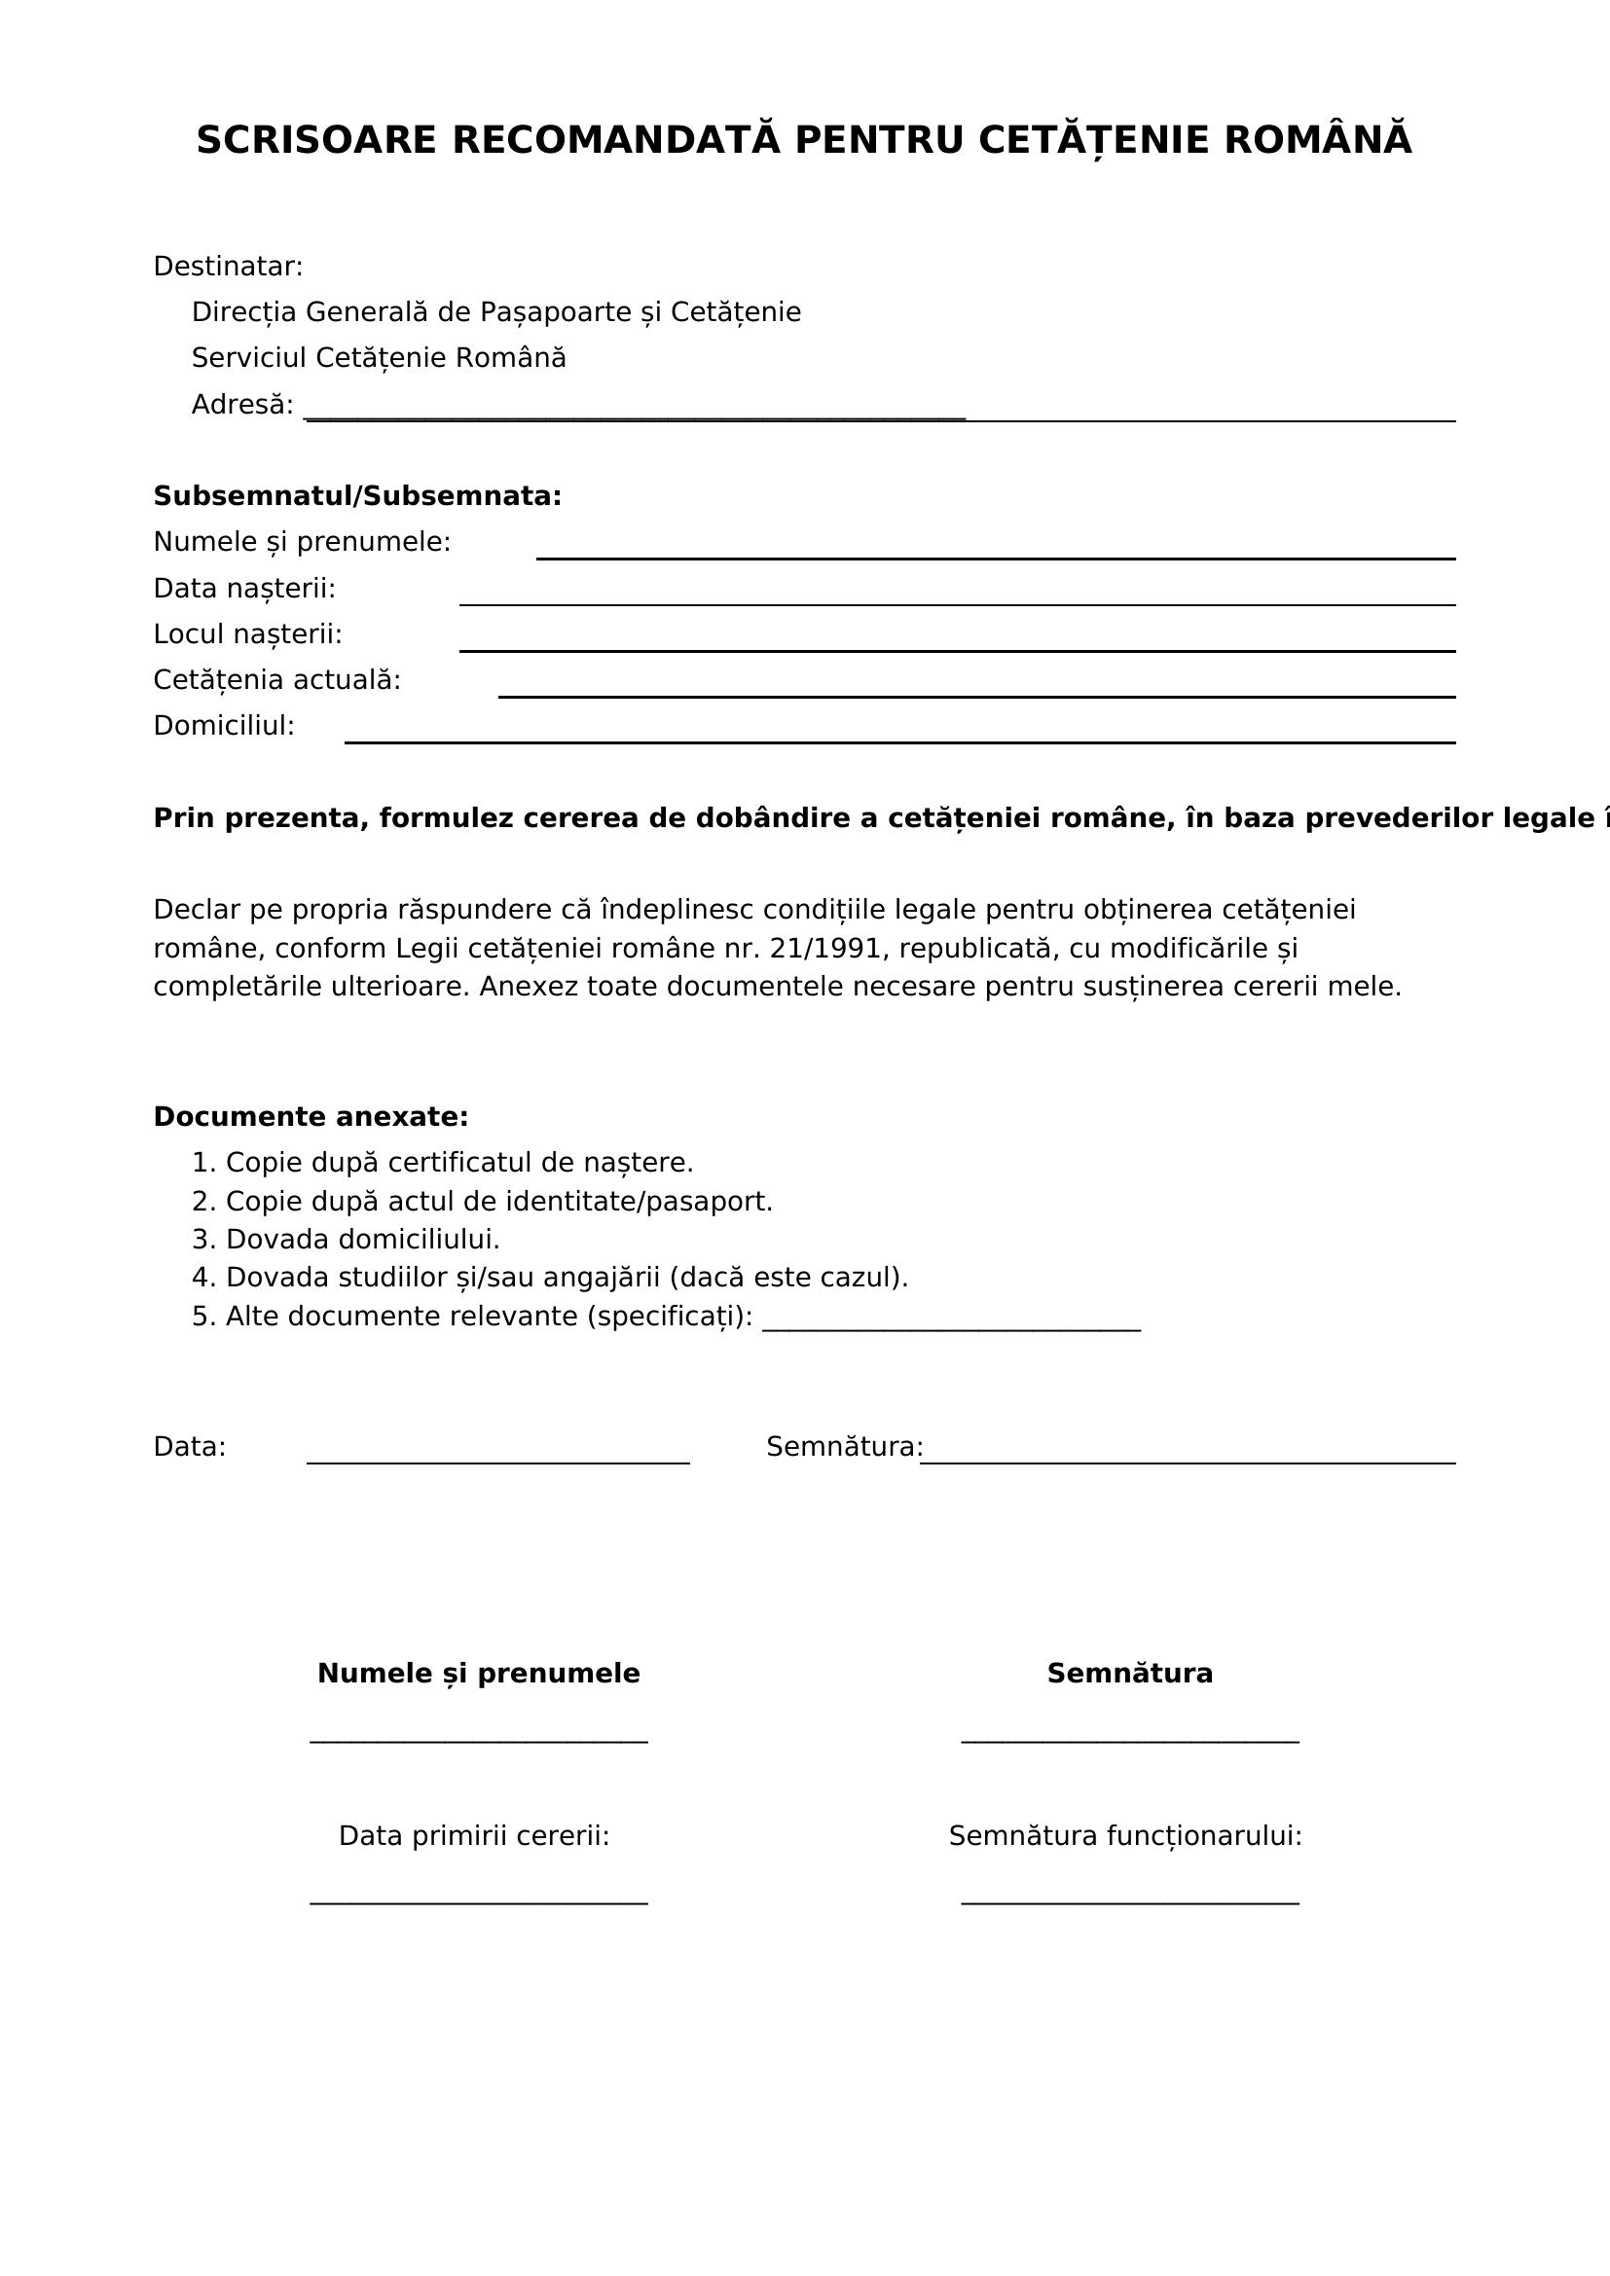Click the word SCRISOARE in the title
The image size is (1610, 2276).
315,141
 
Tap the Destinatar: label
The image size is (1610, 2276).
228,267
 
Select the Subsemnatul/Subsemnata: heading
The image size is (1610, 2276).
357,496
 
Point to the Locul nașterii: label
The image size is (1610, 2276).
247,634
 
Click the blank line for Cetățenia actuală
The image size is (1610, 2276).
976,696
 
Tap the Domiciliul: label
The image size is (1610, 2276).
224,727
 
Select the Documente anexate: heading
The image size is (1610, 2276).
311,1117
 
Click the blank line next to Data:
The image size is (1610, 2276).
497,1462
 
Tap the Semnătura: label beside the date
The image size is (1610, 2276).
844,1447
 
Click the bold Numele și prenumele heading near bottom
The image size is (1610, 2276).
478,1675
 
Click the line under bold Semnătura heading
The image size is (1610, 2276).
1129,1741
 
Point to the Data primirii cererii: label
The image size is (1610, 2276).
474,1837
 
